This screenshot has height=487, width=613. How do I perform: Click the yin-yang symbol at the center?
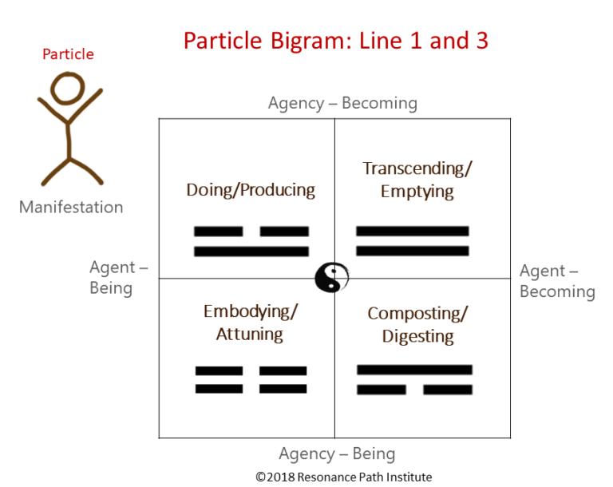click(x=331, y=278)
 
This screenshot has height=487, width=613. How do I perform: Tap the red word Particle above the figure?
click(x=68, y=54)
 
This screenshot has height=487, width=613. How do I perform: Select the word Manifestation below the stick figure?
click(x=71, y=208)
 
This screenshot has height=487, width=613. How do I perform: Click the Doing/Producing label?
click(x=251, y=190)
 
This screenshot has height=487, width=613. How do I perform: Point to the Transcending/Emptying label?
click(x=417, y=180)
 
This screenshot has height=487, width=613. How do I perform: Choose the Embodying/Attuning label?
click(x=250, y=323)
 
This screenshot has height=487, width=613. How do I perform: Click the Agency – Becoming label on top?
click(x=342, y=103)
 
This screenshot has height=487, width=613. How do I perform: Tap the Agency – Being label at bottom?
click(x=337, y=454)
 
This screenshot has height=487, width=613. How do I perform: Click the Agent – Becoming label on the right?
click(x=557, y=281)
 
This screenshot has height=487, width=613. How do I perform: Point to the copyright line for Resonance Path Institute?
click(x=343, y=477)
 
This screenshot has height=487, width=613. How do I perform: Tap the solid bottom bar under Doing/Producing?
click(x=251, y=251)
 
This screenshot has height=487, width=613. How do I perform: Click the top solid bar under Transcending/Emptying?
click(x=412, y=232)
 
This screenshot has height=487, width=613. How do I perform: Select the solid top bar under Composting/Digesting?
click(x=414, y=370)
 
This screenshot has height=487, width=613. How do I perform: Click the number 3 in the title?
click(x=479, y=40)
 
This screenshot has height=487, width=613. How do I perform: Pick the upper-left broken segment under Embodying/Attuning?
click(x=219, y=371)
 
